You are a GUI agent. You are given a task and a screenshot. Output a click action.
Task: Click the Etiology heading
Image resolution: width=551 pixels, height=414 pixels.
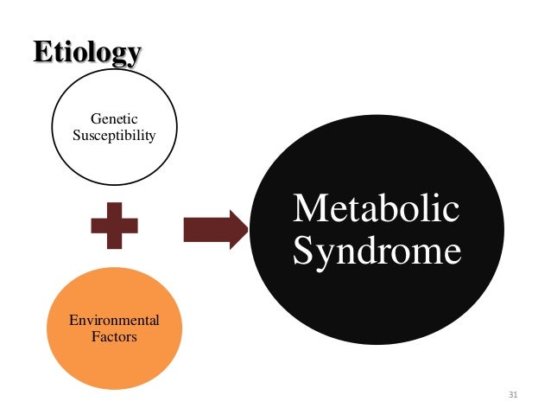click(x=86, y=53)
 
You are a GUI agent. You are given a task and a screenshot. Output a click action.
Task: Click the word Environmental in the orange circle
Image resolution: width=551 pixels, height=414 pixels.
click(x=114, y=322)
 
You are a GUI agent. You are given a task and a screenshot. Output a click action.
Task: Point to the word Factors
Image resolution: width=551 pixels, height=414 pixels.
click(x=114, y=336)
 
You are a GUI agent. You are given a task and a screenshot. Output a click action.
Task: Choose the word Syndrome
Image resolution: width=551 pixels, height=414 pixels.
click(x=377, y=252)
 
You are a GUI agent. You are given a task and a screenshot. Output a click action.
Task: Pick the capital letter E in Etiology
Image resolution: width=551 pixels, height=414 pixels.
click(x=41, y=53)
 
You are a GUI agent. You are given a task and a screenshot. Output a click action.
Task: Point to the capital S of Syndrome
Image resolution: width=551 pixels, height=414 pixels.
click(x=303, y=252)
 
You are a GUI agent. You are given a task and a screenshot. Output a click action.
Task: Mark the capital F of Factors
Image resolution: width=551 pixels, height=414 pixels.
click(x=95, y=336)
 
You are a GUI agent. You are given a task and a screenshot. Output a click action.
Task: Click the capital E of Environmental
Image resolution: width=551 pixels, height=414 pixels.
click(x=73, y=322)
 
